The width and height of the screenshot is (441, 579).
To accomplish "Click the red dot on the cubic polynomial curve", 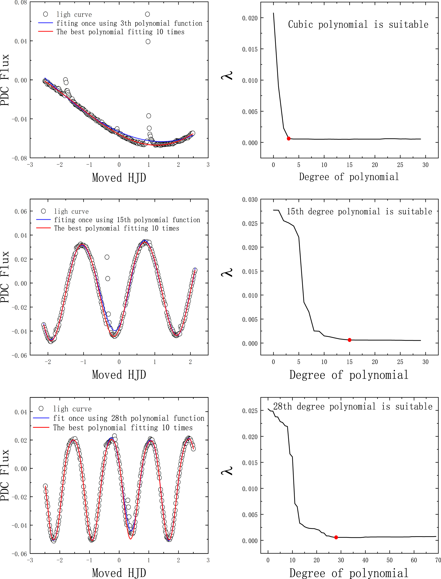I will pyautogui.click(x=288, y=138).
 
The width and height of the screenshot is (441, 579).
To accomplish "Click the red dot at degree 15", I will pyautogui.click(x=349, y=340).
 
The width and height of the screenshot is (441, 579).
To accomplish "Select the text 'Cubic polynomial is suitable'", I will pyautogui.click(x=358, y=24).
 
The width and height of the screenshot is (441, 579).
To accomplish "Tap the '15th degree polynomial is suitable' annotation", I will pyautogui.click(x=359, y=211).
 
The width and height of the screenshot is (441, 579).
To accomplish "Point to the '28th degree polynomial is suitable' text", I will pyautogui.click(x=353, y=406).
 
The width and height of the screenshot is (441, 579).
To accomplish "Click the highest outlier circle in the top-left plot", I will pyautogui.click(x=148, y=14).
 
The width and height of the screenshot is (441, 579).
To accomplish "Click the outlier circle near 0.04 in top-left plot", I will pyautogui.click(x=148, y=41).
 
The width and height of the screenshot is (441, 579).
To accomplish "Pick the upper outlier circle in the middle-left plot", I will pyautogui.click(x=107, y=257).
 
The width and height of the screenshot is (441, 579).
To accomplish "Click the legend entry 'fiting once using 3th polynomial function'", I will pyautogui.click(x=129, y=23).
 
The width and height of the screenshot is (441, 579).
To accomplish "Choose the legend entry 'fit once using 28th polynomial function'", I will pyautogui.click(x=129, y=418).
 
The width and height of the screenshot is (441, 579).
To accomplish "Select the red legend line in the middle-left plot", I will pyautogui.click(x=43, y=228).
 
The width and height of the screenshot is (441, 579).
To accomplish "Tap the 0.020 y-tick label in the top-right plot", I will pyautogui.click(x=250, y=18).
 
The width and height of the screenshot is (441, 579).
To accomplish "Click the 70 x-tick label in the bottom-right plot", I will pyautogui.click(x=438, y=560).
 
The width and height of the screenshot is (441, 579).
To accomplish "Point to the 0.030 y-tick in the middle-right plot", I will pyautogui.click(x=250, y=200).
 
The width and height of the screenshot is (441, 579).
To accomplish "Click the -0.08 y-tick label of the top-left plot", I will pyautogui.click(x=19, y=158).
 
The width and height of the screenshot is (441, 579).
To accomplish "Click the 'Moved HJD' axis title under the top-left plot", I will pyautogui.click(x=119, y=178).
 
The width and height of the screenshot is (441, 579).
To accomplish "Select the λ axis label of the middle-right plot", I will pyautogui.click(x=227, y=272).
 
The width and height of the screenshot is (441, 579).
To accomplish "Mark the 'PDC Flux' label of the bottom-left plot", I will pyautogui.click(x=5, y=475).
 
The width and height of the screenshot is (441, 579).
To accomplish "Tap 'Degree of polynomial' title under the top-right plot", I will pyautogui.click(x=349, y=177).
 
